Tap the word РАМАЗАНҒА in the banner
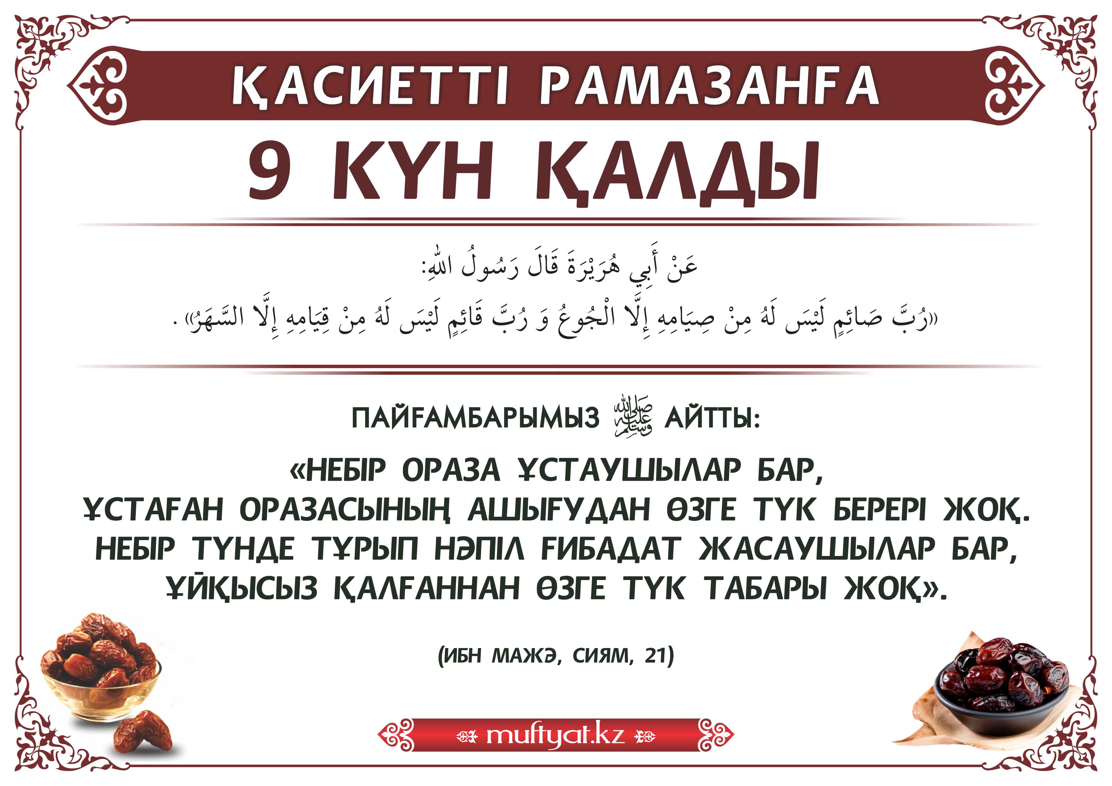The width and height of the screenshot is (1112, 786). [x=709, y=86]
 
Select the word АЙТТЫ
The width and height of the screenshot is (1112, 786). [x=712, y=418]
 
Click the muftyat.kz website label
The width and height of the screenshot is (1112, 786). [x=555, y=735]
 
